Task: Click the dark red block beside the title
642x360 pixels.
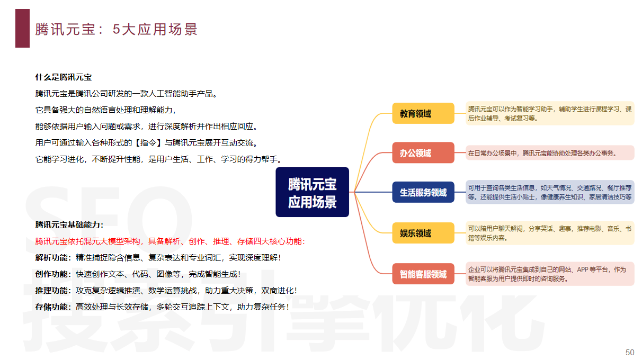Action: (x=22, y=29)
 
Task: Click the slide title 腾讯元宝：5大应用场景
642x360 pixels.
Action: (x=117, y=29)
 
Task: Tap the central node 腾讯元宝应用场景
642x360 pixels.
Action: (x=312, y=192)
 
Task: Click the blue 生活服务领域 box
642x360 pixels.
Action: (x=423, y=192)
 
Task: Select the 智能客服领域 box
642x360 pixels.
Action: (x=423, y=274)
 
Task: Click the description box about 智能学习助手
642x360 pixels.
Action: (x=550, y=113)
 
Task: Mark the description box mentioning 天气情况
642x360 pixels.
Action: (x=550, y=192)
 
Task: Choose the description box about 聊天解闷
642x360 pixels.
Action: (x=550, y=233)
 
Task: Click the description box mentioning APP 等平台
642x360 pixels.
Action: (x=550, y=274)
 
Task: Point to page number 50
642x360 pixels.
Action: (x=630, y=353)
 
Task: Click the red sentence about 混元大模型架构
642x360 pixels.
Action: (x=170, y=241)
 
